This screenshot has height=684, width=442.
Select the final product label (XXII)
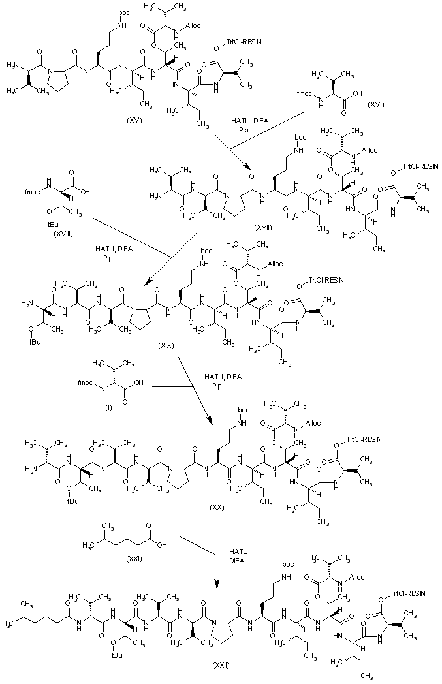pos(221,665)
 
